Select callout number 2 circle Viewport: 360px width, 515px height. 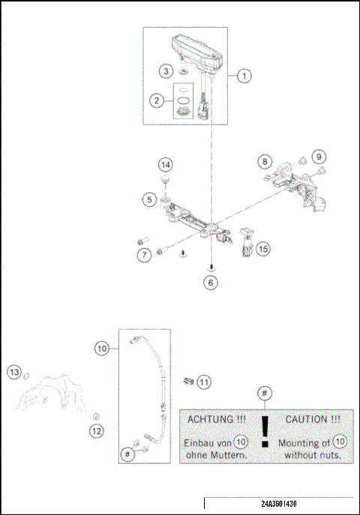point(156,100)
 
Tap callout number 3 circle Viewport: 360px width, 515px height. point(165,71)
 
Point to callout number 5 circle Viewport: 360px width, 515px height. point(151,199)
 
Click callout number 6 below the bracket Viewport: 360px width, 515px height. point(211,283)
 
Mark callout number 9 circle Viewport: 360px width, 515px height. point(319,157)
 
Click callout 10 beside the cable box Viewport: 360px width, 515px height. point(103,348)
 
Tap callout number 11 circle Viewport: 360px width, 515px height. point(204,382)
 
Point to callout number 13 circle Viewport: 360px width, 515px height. point(13,371)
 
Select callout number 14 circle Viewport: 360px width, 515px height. point(165,165)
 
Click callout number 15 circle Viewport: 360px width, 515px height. point(262,248)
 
